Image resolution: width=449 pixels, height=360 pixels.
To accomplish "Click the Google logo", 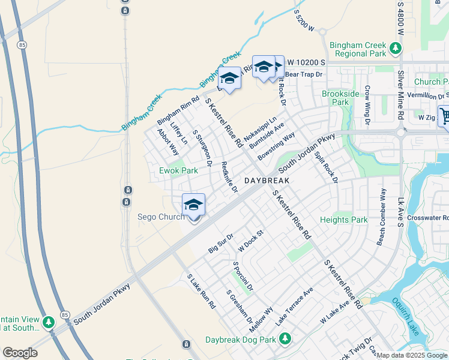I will tap(20, 353).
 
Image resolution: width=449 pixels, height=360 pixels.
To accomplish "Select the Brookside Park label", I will tap(340, 98).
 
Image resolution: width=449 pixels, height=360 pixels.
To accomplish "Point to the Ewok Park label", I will tap(178, 170).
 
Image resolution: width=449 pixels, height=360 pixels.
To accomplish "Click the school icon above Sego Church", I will tap(193, 205).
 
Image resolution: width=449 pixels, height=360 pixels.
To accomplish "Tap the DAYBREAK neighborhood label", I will tap(267, 180).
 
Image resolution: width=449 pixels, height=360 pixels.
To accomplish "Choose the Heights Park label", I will tap(343, 220).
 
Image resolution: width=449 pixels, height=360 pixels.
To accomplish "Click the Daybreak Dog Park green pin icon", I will tap(285, 340).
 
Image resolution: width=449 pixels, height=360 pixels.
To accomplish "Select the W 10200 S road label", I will tap(306, 62).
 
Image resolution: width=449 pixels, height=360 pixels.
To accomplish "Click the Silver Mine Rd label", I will tap(400, 91).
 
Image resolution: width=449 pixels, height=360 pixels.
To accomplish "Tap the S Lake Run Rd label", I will tap(201, 292).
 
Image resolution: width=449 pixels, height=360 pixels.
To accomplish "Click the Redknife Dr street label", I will tap(229, 177).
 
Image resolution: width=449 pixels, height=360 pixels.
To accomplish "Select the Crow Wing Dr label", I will tap(368, 101).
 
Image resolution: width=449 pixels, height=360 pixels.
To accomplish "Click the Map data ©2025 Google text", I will tap(412, 355).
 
